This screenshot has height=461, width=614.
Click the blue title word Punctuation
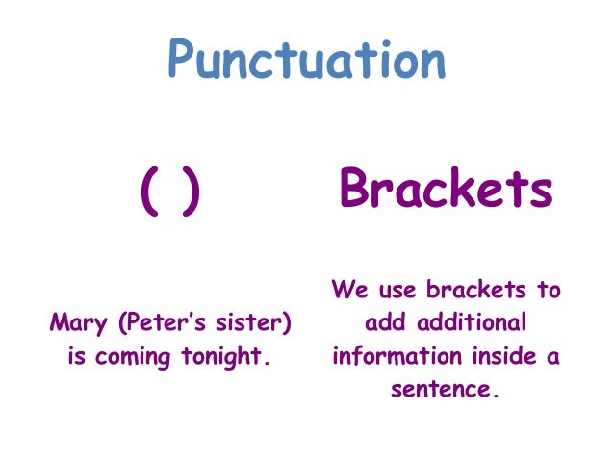307,59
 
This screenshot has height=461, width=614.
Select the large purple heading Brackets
446,191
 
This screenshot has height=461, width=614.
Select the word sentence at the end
446,392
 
